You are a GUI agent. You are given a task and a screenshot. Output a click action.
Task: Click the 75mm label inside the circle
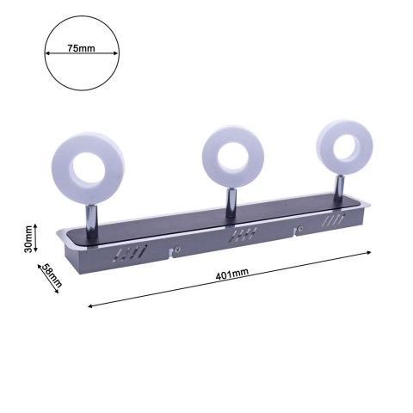[x=81, y=49]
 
